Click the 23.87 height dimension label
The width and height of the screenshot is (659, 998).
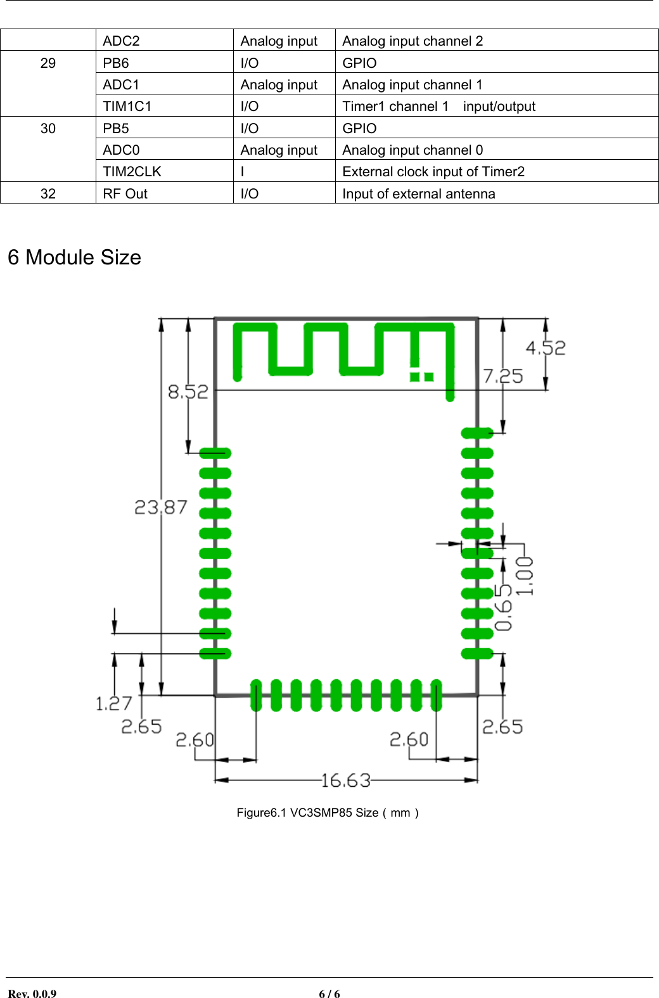point(161,507)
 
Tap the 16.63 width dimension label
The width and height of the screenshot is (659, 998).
point(345,780)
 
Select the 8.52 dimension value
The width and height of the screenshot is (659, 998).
point(188,392)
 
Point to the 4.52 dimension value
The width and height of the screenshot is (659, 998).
point(546,348)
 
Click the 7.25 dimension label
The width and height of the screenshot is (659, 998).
point(503,377)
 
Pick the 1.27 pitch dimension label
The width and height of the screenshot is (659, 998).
point(114,704)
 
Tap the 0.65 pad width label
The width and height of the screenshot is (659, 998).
point(503,607)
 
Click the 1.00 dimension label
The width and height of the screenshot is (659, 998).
point(525,576)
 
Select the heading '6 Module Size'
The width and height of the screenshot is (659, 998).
point(74,257)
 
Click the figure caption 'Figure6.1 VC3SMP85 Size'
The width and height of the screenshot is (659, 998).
point(327,813)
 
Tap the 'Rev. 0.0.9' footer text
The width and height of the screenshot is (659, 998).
point(32,994)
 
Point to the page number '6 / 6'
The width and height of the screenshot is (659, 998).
point(329,994)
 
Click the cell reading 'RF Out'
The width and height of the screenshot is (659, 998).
point(125,194)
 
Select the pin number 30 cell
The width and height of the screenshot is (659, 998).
point(48,129)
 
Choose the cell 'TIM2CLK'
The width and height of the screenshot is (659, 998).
point(132,172)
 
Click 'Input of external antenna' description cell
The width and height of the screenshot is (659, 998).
point(418,194)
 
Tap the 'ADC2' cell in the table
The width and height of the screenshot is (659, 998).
point(121,41)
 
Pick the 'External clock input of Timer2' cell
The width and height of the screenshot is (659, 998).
point(433,172)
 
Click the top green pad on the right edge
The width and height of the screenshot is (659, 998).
point(477,434)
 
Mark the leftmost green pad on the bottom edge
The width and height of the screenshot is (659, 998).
point(256,696)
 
